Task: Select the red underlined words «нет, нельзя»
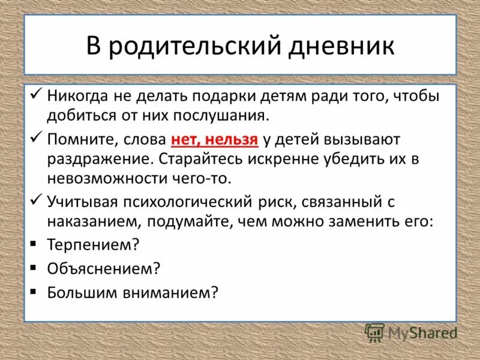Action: click(214, 140)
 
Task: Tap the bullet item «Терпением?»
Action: click(94, 245)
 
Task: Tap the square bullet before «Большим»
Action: click(34, 292)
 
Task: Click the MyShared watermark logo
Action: click(411, 332)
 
